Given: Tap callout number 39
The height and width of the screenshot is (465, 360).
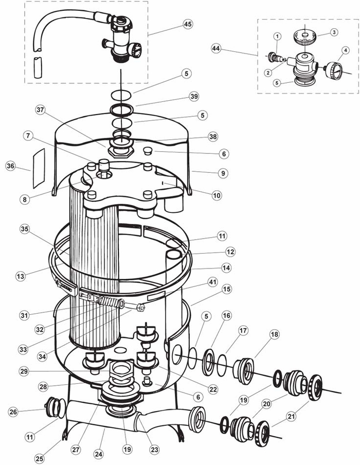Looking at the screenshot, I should pyautogui.click(x=193, y=97).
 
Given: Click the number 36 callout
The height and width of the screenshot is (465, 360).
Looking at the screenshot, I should pyautogui.click(x=10, y=166).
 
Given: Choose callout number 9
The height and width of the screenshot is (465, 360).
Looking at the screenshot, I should pyautogui.click(x=222, y=173).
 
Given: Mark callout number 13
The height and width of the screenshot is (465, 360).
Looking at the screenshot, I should pyautogui.click(x=20, y=276).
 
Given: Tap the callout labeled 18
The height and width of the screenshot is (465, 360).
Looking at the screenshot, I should pyautogui.click(x=274, y=334).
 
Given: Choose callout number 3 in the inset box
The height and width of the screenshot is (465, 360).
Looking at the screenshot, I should pyautogui.click(x=335, y=32).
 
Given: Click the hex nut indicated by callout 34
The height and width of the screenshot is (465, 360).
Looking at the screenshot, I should pyautogui.click(x=141, y=308).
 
